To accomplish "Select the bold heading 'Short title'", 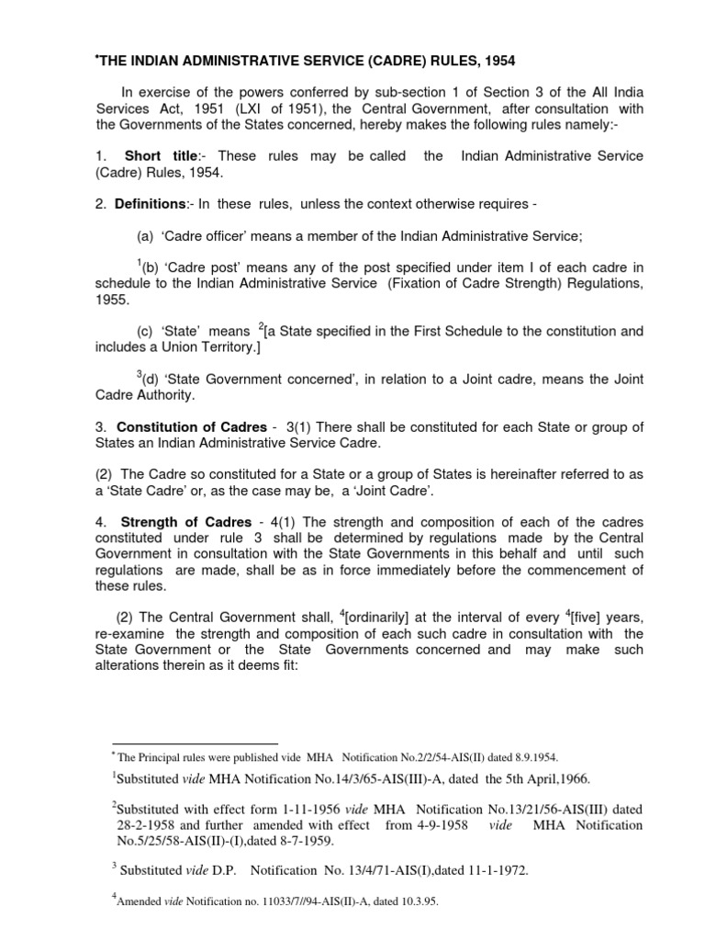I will click(x=157, y=156).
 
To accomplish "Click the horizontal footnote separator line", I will click(x=195, y=743).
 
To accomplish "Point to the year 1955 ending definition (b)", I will click(x=111, y=300).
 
